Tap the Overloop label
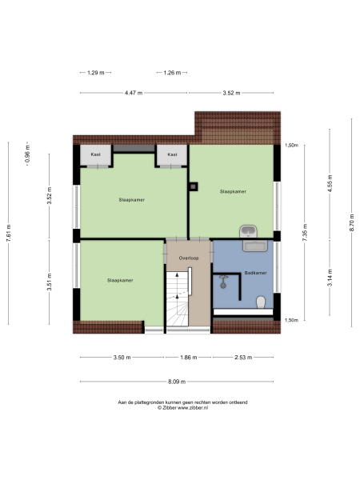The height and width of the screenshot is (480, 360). point(188,258)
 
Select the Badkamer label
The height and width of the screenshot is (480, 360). point(255,273)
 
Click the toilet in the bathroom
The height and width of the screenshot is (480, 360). point(260,302)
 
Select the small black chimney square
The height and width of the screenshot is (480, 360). point(193,188)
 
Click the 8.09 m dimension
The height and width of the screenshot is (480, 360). point(179,382)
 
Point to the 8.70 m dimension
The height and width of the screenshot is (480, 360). point(351,226)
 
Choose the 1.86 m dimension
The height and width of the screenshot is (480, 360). point(188,357)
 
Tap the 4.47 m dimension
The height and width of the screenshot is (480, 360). point(133,94)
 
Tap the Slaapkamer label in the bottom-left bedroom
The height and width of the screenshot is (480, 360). point(119,281)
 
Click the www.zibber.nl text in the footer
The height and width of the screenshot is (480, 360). point(193,408)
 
